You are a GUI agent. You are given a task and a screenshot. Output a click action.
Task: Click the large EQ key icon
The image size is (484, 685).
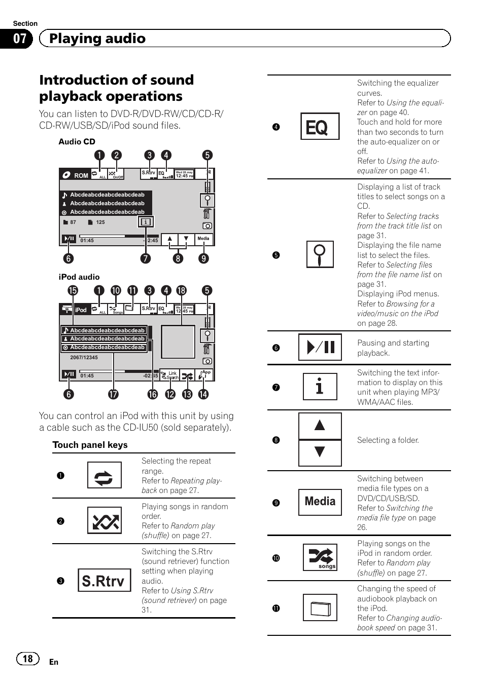pyautogui.click(x=320, y=127)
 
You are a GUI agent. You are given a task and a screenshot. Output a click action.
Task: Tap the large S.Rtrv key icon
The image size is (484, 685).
pyautogui.click(x=103, y=580)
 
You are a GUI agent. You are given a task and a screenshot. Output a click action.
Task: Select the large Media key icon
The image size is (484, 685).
pyautogui.click(x=320, y=502)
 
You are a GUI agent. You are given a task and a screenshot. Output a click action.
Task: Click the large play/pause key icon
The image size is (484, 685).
pyautogui.click(x=320, y=347)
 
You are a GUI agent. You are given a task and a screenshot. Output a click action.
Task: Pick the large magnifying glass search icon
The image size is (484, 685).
pyautogui.click(x=320, y=254)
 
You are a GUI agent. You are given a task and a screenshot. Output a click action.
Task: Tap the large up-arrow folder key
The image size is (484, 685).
pyautogui.click(x=320, y=426)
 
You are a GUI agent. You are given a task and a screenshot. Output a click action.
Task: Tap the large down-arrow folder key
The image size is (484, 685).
pyautogui.click(x=320, y=452)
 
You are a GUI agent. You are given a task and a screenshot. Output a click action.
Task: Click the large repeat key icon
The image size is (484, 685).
pyautogui.click(x=104, y=475)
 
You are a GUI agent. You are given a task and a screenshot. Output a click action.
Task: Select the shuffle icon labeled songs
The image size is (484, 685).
pyautogui.click(x=320, y=558)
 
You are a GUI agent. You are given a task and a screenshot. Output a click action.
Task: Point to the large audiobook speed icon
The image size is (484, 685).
pyautogui.click(x=320, y=607)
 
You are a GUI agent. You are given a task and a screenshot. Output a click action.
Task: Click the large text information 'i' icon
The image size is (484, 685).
pyautogui.click(x=320, y=387)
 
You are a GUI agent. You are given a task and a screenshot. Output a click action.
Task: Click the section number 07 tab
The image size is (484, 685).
pyautogui.click(x=19, y=39)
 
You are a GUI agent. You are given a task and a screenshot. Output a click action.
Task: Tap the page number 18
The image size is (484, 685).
pyautogui.click(x=27, y=659)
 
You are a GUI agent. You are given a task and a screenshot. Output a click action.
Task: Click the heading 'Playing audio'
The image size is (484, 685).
pyautogui.click(x=97, y=39)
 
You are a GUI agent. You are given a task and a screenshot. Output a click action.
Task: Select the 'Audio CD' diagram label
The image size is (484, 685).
pyautogui.click(x=77, y=142)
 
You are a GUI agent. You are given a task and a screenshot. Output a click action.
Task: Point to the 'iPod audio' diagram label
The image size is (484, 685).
pyautogui.click(x=79, y=277)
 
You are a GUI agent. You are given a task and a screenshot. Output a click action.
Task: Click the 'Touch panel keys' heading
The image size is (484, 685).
pyautogui.click(x=90, y=445)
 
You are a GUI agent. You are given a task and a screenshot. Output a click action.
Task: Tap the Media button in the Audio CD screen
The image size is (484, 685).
pyautogui.click(x=203, y=239)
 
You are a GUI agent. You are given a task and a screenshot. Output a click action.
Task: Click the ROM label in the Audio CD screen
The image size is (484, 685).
pyautogui.click(x=81, y=175)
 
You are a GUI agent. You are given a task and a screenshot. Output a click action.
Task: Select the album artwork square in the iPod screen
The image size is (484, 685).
pyautogui.click(x=178, y=342)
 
